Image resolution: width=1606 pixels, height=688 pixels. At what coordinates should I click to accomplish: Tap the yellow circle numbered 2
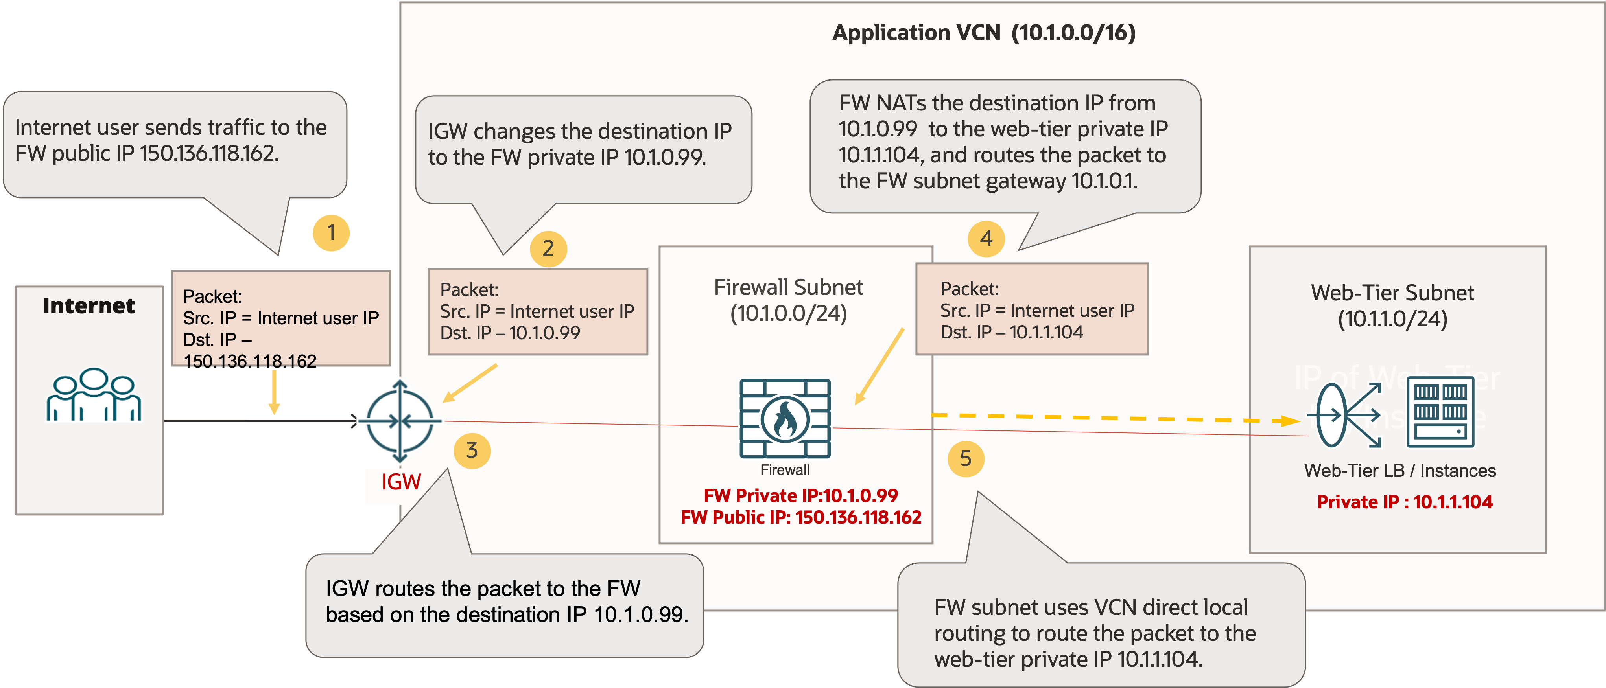[x=548, y=248]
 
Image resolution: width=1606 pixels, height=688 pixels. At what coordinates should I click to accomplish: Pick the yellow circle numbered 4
[x=986, y=239]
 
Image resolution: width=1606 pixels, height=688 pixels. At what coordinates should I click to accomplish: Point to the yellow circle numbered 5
[x=965, y=459]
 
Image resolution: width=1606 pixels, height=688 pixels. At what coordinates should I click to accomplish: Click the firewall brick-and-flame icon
[x=785, y=418]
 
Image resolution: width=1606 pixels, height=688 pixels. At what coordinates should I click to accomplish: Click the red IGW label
[x=401, y=482]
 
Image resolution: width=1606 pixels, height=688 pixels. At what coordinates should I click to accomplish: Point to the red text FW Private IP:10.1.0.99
[x=800, y=495]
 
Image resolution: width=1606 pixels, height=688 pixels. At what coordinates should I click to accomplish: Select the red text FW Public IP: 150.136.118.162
[x=800, y=517]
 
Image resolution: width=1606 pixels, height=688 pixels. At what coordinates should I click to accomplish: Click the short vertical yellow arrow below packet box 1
[x=274, y=393]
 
